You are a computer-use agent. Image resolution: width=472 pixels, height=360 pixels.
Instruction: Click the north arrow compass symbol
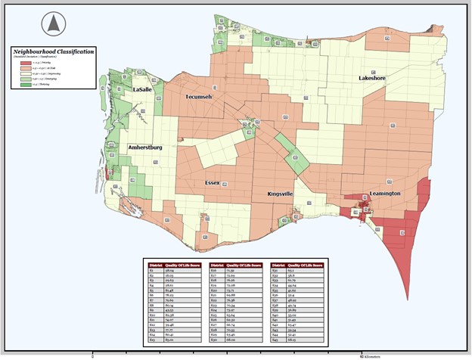pyautogui.click(x=52, y=24)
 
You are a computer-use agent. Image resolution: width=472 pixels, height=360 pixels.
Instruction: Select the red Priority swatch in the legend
pyautogui.click(x=24, y=64)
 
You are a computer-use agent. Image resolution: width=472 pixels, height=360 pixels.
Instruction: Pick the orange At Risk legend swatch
pyautogui.click(x=24, y=69)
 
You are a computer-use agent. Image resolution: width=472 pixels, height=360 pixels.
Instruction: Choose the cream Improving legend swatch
pyautogui.click(x=24, y=74)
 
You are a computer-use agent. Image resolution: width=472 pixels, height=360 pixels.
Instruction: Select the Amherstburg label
pyautogui.click(x=146, y=147)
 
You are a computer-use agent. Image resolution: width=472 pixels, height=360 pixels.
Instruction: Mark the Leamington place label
pyautogui.click(x=385, y=194)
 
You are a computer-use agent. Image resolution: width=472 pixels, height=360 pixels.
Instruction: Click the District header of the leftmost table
pyautogui.click(x=155, y=265)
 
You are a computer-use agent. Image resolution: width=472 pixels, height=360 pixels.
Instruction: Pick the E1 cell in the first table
pyautogui.click(x=152, y=270)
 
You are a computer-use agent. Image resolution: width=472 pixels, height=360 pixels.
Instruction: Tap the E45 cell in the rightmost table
pyautogui.click(x=275, y=340)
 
